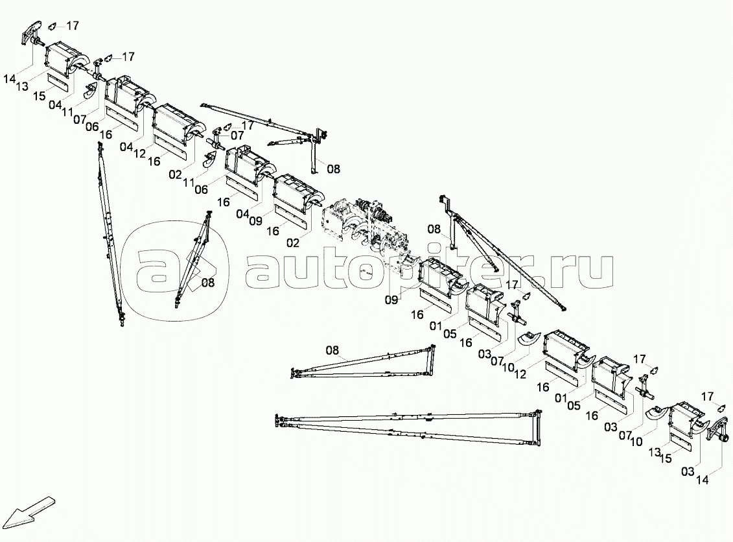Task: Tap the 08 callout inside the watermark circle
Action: click(208, 283)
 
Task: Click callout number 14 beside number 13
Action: click(10, 79)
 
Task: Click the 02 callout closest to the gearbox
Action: click(294, 242)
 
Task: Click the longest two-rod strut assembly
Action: click(408, 427)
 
